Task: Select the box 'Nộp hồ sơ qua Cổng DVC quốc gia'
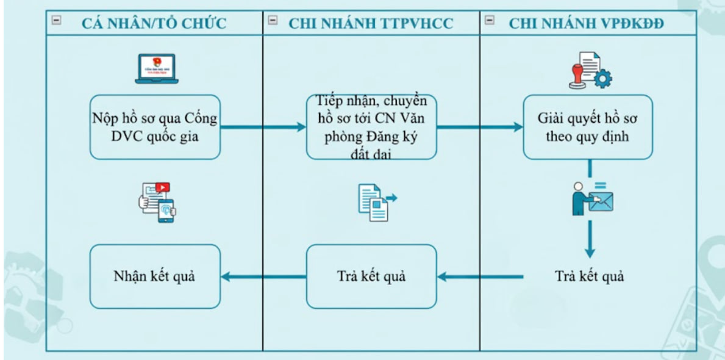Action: pyautogui.click(x=155, y=127)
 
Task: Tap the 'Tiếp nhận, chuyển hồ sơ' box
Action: pyautogui.click(x=371, y=127)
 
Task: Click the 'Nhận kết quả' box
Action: pyautogui.click(x=155, y=276)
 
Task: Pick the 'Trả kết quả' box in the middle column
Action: pyautogui.click(x=371, y=276)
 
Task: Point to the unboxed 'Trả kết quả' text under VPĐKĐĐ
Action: pyautogui.click(x=590, y=276)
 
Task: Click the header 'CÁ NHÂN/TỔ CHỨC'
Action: pyautogui.click(x=154, y=24)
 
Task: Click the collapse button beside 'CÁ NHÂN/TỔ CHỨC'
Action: pyautogui.click(x=57, y=20)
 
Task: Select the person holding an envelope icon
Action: pyautogui.click(x=591, y=198)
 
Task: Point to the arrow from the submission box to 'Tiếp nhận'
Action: pyautogui.click(x=262, y=127)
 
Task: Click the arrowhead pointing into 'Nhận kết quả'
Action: pyautogui.click(x=226, y=277)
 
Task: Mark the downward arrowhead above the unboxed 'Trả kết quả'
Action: pyautogui.click(x=589, y=251)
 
